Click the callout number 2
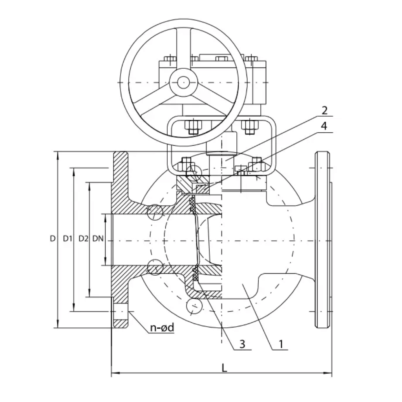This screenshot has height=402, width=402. (x=324, y=110)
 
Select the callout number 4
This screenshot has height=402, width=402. (x=324, y=126)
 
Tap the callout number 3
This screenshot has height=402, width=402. (x=242, y=344)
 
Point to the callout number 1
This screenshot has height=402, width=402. (x=281, y=344)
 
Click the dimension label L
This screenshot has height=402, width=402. (x=224, y=368)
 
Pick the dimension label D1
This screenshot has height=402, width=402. (x=67, y=238)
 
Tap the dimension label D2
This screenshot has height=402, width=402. (x=83, y=238)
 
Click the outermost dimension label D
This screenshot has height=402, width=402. (x=52, y=238)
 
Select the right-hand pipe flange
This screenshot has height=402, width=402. (x=323, y=239)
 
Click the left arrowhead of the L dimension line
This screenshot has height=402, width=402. (x=114, y=373)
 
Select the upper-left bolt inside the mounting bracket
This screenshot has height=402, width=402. (x=192, y=126)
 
